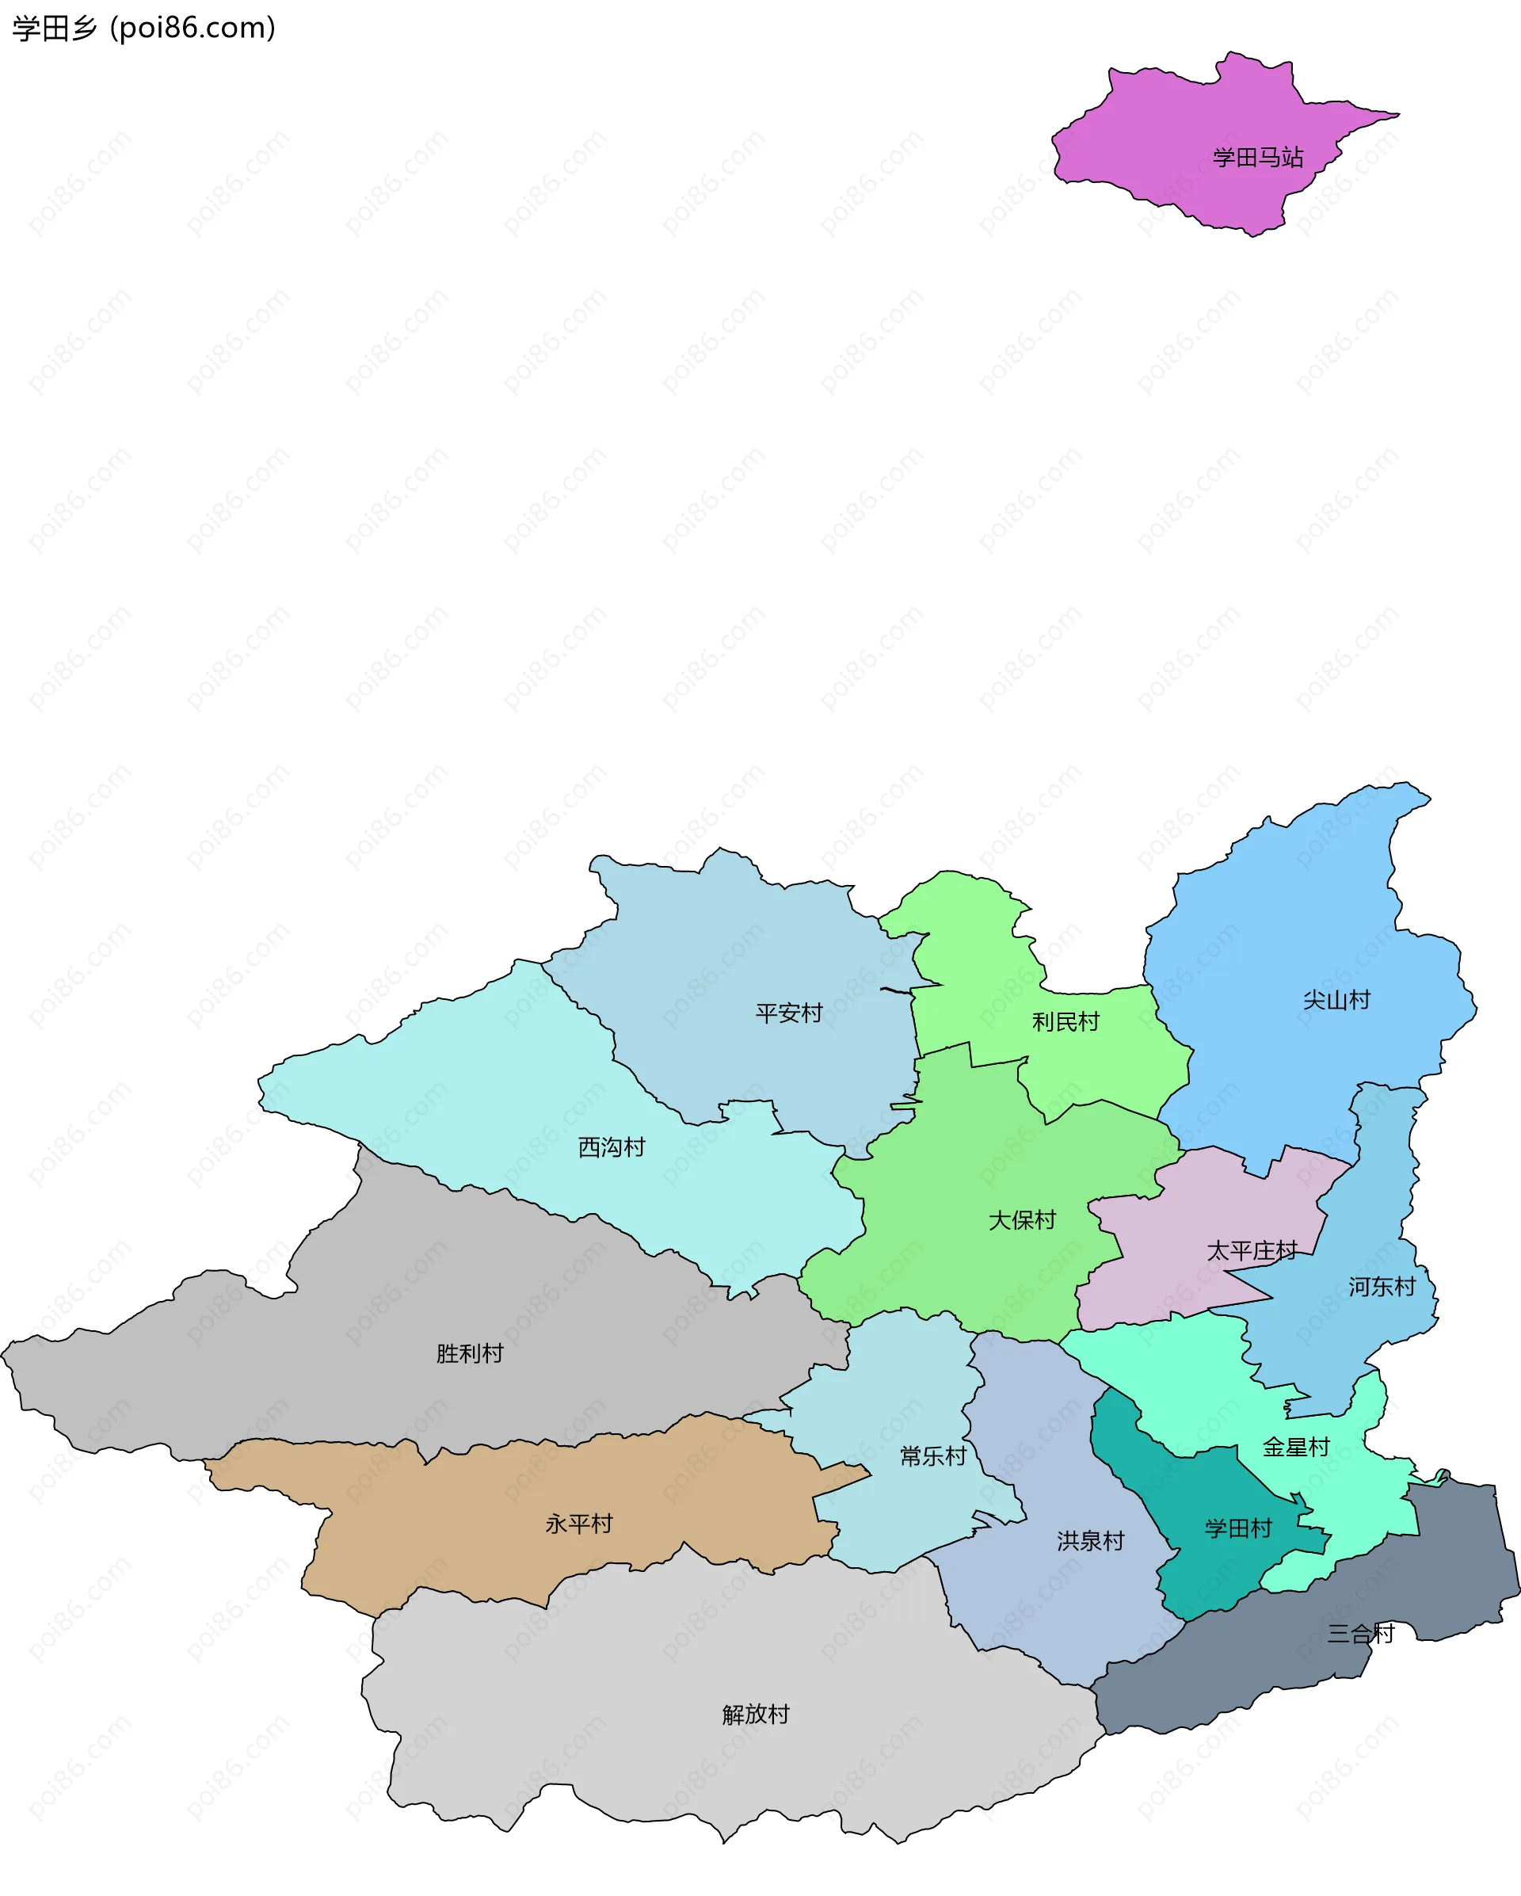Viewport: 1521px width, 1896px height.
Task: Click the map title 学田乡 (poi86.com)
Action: [143, 29]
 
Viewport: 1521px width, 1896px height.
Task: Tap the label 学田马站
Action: [1257, 158]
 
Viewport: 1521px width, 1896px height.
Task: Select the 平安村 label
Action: [789, 1013]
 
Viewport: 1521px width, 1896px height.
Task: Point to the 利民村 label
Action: [1065, 1022]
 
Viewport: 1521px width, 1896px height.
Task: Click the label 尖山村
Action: [1336, 1000]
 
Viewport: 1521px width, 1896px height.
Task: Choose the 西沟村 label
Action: [611, 1146]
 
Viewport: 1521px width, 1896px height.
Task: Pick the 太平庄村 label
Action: [1251, 1250]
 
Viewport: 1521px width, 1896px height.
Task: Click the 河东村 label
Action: [1382, 1287]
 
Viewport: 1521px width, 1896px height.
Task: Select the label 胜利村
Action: [470, 1353]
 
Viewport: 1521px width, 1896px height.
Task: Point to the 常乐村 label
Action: [933, 1456]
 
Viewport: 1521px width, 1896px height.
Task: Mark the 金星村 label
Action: [1296, 1447]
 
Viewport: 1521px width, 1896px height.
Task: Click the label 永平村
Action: [578, 1524]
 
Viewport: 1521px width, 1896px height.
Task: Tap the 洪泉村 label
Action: [1090, 1541]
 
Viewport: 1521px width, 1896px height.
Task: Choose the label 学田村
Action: [1238, 1528]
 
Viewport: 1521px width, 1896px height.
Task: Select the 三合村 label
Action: [1360, 1634]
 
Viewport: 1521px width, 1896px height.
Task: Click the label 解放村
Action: [756, 1714]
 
